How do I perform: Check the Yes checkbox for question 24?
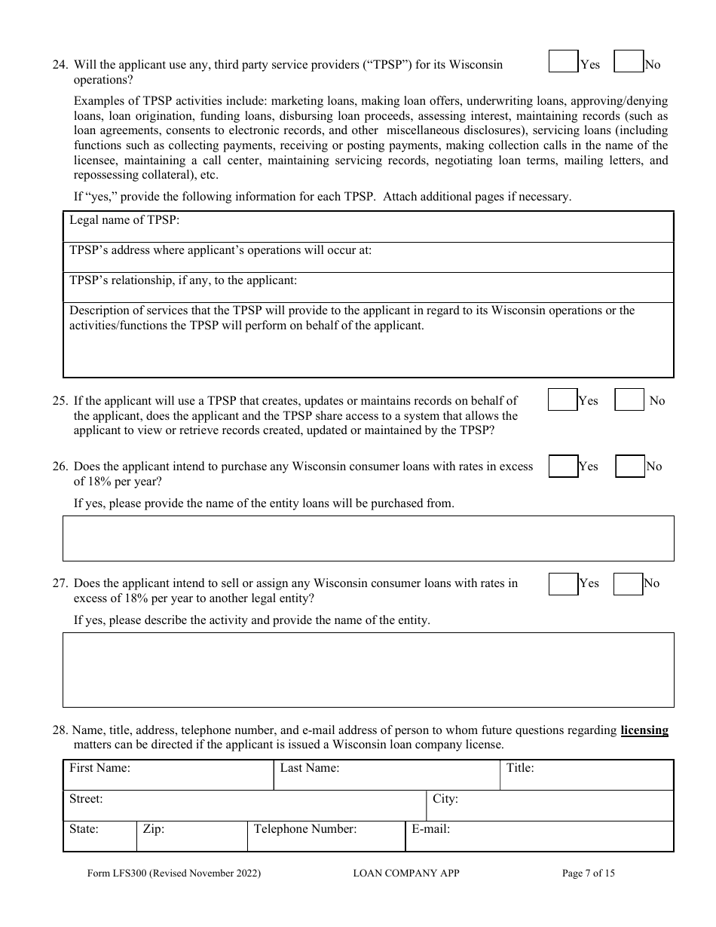pos(563,61)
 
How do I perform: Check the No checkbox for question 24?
pos(629,61)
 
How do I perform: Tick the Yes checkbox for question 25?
pos(562,399)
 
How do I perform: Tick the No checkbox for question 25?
pos(629,399)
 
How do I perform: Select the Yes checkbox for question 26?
pos(563,467)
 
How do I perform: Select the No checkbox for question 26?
pos(630,467)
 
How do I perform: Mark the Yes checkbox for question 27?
pos(563,584)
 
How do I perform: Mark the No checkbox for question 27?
pos(628,584)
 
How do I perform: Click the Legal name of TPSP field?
pos(422,226)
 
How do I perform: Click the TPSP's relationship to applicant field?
pos(482,287)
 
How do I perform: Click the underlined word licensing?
pos(644,730)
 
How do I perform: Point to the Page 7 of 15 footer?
pos(589,873)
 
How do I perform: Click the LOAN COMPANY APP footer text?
pos(405,873)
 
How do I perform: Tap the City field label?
pos(445,799)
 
